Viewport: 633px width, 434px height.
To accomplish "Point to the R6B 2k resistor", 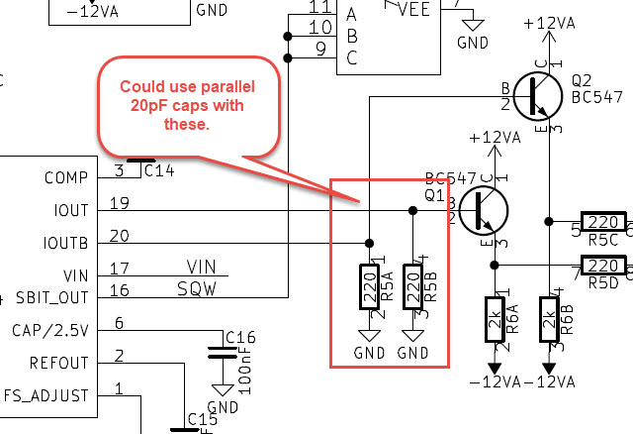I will (x=550, y=319).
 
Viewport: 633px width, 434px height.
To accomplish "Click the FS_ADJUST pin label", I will (x=46, y=394).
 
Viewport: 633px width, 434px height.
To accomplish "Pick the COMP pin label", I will (x=67, y=178).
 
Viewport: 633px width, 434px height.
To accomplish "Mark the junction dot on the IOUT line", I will (x=412, y=210).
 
